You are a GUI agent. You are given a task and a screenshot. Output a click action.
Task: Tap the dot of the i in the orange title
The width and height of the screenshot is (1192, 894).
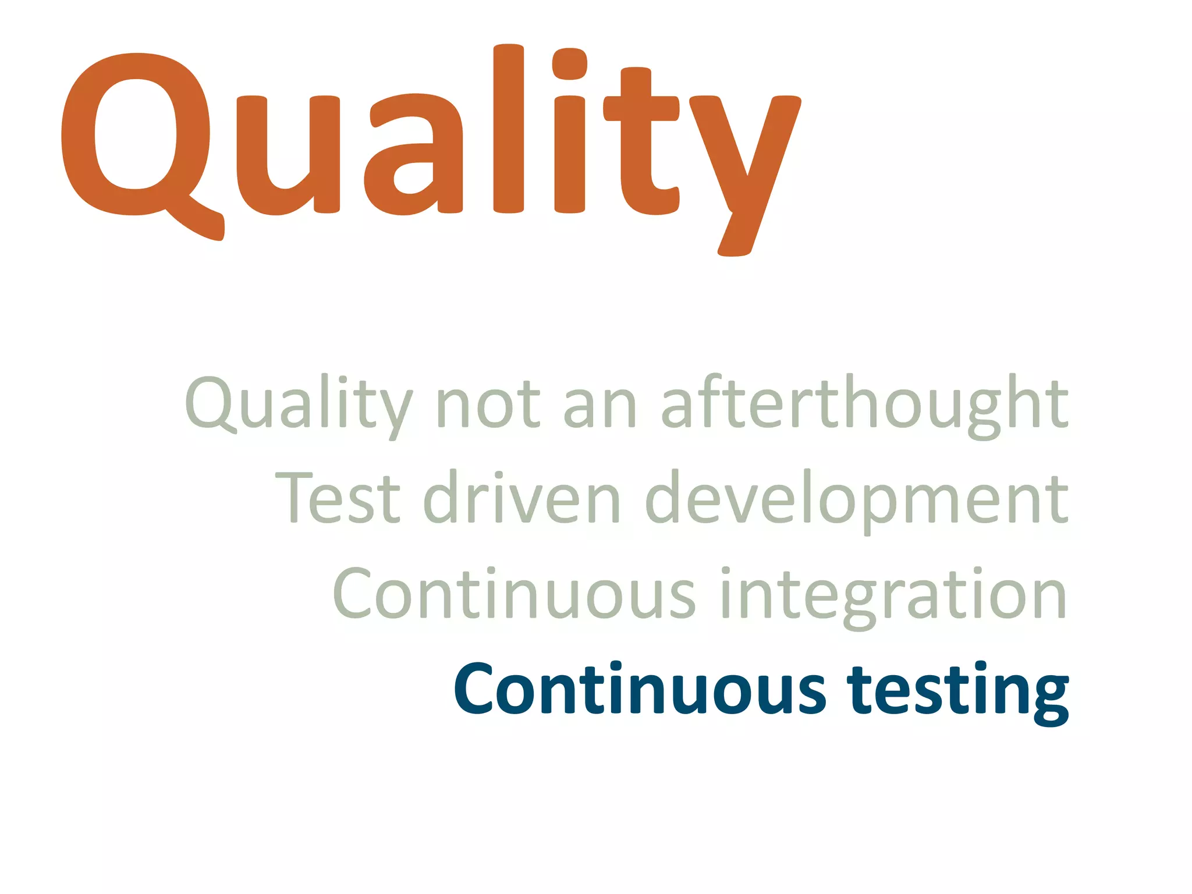569,63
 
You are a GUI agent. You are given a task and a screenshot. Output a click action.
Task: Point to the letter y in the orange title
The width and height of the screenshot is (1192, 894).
745,169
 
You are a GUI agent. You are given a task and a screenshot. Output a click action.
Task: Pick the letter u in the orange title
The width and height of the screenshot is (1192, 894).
288,154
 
